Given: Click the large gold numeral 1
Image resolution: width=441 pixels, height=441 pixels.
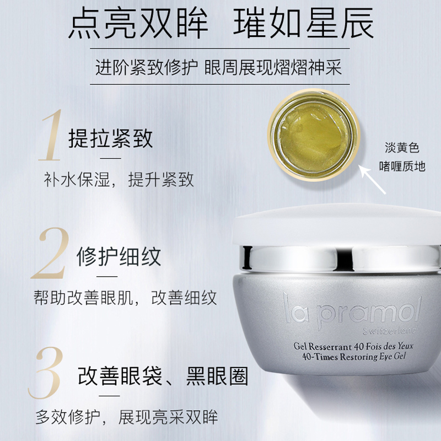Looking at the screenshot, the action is (51, 135).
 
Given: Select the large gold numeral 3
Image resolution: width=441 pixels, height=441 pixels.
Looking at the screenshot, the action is (46, 373).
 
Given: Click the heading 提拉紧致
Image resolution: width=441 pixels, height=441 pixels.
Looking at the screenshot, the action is (111, 138).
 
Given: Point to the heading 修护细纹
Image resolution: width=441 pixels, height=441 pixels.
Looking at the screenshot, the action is (119, 256).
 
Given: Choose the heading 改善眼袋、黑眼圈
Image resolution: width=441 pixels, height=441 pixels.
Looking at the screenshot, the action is (163, 376).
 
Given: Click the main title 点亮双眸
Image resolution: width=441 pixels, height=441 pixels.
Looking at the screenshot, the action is (138, 23).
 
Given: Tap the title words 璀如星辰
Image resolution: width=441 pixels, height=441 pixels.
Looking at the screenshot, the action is (303, 23).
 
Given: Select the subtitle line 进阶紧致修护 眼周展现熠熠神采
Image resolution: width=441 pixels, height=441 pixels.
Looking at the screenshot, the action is (218, 67).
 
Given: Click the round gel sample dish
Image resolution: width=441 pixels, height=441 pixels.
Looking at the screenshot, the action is (314, 135).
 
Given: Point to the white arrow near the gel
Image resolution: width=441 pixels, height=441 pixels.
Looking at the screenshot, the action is (372, 180).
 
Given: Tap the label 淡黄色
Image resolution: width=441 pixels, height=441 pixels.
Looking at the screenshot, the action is (402, 147).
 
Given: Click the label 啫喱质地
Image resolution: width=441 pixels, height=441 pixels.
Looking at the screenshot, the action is (402, 166).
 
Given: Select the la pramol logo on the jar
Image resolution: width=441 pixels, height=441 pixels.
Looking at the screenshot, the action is (352, 310).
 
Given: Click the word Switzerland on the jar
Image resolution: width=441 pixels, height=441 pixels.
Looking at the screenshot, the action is (390, 330).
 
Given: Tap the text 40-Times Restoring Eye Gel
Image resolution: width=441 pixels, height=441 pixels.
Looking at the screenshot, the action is (354, 357).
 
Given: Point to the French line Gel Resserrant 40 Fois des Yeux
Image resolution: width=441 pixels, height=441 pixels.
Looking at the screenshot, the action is (353, 346).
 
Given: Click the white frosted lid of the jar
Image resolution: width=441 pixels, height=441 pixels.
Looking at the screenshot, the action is (336, 225).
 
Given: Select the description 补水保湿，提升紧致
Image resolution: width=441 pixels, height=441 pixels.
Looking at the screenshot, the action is (119, 180).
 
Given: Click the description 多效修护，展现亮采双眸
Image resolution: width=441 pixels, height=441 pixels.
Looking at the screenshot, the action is (127, 417).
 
